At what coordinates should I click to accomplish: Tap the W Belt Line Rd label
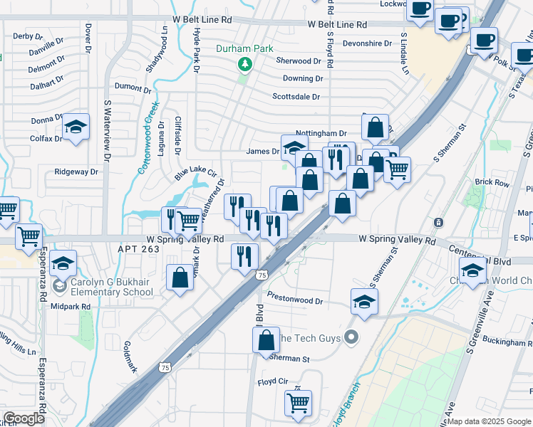tap(338, 24)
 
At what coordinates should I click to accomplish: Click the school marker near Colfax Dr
tap(76, 127)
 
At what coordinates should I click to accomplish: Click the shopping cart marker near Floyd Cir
tap(298, 402)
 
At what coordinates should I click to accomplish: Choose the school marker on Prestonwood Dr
tap(364, 301)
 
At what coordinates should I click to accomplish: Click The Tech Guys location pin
tap(350, 337)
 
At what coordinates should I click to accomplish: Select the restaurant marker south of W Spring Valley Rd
tap(244, 256)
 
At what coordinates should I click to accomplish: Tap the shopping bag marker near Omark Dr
tap(180, 278)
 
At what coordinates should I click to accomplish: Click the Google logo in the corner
tap(24, 418)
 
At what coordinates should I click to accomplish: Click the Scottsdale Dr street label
tap(296, 97)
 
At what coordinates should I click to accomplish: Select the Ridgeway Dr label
tap(76, 172)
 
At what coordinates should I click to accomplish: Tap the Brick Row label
tap(492, 183)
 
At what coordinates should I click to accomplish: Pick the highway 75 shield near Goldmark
tap(165, 367)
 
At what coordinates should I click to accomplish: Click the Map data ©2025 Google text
tap(489, 421)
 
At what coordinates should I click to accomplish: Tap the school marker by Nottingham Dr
tap(294, 147)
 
